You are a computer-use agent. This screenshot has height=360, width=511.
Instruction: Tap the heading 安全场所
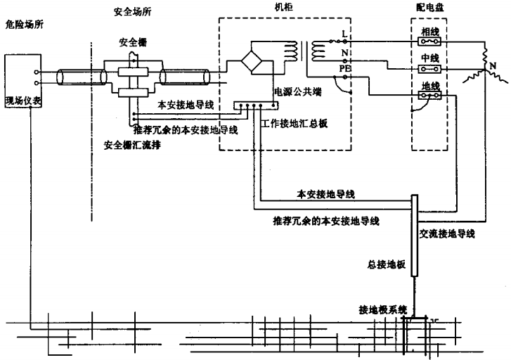point(131,12)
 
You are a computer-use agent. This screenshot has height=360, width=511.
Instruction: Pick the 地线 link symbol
point(429,96)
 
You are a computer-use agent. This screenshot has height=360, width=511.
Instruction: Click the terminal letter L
point(344,33)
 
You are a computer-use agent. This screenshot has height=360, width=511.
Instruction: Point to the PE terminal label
point(344,70)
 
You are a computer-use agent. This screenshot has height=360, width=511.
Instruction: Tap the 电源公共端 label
point(295,91)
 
